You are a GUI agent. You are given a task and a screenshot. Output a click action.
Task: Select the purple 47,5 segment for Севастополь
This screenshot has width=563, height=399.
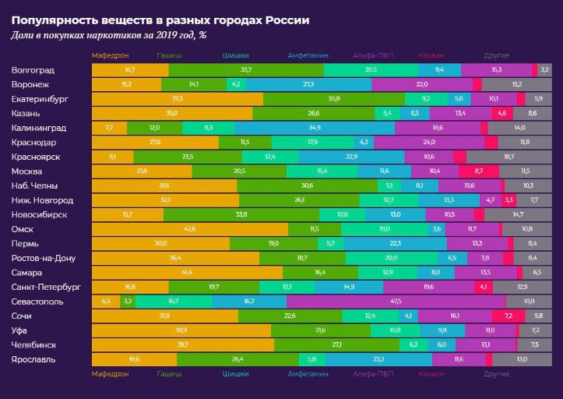pyautogui.click(x=396, y=301)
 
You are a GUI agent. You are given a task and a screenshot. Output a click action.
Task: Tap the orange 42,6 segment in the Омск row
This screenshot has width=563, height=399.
pyautogui.click(x=189, y=228)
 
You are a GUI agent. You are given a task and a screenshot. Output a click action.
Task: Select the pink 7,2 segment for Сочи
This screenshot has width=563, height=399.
pyautogui.click(x=508, y=316)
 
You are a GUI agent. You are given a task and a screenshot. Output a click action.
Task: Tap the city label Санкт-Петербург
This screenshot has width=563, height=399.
pyautogui.click(x=47, y=287)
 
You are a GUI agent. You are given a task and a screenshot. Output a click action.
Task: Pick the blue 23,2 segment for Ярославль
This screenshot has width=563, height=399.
pyautogui.click(x=378, y=359)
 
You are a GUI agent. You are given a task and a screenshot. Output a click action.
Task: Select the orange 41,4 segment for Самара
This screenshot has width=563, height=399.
pyautogui.click(x=187, y=272)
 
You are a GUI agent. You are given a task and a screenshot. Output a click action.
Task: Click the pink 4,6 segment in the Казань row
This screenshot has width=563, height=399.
pyautogui.click(x=501, y=113)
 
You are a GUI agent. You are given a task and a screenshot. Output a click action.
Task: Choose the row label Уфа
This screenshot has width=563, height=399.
pyautogui.click(x=21, y=330)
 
